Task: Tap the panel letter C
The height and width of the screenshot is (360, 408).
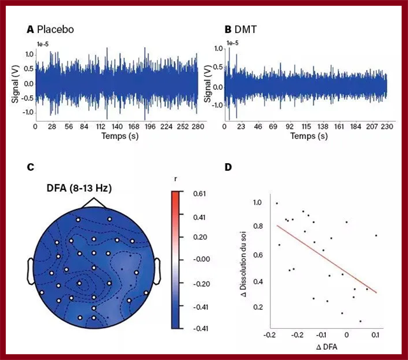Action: [x=30, y=168]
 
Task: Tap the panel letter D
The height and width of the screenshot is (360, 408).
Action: [x=228, y=167]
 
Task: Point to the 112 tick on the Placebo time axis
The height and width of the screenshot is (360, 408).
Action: [x=101, y=126]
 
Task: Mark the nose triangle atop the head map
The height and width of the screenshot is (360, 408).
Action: [x=94, y=203]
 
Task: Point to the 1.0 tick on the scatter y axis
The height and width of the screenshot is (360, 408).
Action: [x=257, y=203]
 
